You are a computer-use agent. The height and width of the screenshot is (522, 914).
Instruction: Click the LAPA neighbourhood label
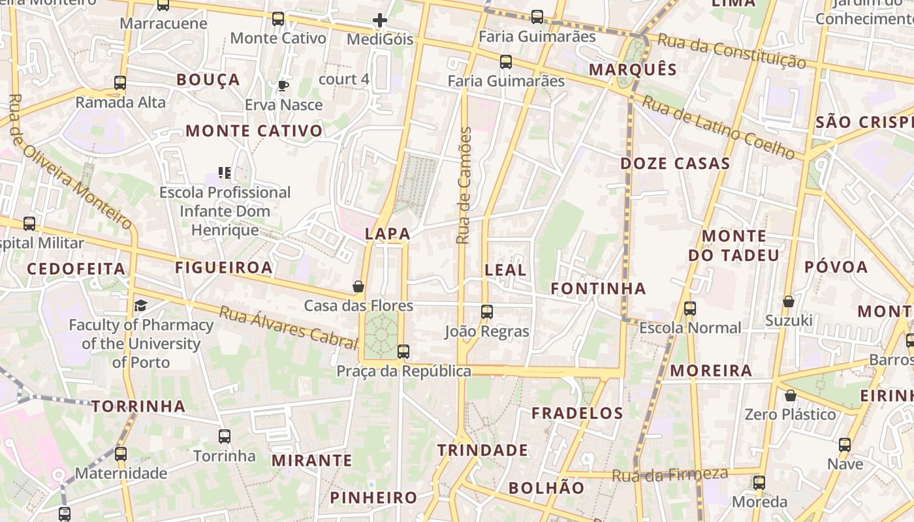388,234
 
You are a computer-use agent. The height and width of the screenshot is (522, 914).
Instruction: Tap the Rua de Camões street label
464,186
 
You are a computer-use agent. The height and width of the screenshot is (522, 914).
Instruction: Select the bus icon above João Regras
487,312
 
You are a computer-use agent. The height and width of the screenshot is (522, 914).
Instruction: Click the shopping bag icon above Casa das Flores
358,286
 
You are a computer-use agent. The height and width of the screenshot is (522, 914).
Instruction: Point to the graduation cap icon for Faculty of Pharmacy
141,305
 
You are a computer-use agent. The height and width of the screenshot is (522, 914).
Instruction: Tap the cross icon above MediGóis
380,20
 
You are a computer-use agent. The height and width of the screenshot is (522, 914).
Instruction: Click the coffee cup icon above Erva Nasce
283,85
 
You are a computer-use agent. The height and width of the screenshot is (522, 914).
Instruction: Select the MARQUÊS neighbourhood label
633,69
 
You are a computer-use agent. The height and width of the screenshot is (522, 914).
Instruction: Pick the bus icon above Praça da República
403,352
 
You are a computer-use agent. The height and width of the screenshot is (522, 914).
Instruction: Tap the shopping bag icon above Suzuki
789,301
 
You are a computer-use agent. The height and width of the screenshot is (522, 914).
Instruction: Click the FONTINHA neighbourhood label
598,288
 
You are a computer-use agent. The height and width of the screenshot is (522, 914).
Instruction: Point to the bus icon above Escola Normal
690,309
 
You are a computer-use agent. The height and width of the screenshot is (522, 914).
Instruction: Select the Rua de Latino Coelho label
718,127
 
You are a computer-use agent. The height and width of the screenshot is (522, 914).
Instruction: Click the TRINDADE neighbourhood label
482,450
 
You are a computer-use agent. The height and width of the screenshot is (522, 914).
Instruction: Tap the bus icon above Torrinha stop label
225,437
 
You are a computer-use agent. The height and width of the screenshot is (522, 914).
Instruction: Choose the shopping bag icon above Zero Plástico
791,395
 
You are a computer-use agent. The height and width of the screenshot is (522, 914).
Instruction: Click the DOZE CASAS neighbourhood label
675,163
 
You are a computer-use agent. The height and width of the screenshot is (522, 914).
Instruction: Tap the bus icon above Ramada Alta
120,83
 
